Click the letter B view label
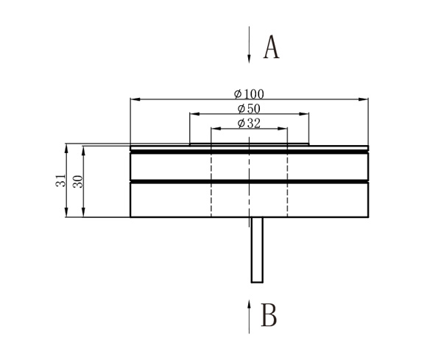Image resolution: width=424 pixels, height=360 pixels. [269, 315]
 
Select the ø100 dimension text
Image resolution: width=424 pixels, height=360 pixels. [249, 93]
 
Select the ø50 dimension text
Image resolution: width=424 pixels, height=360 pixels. [249, 109]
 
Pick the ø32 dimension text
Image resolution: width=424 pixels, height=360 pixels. [249, 124]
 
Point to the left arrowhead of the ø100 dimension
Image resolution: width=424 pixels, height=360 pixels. [133, 99]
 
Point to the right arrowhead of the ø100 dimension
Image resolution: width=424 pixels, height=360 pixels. [365, 99]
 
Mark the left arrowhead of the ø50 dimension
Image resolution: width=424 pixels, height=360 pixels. [193, 114]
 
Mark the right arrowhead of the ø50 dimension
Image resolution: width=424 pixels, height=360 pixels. [306, 114]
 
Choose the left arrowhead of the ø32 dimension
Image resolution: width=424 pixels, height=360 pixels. [215, 129]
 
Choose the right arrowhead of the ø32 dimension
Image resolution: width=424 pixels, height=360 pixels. [284, 129]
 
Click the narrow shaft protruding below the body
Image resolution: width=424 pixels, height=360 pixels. [257, 250]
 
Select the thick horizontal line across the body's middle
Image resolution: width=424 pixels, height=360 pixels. [249, 180]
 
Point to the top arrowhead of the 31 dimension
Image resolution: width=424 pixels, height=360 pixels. [67, 147]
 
